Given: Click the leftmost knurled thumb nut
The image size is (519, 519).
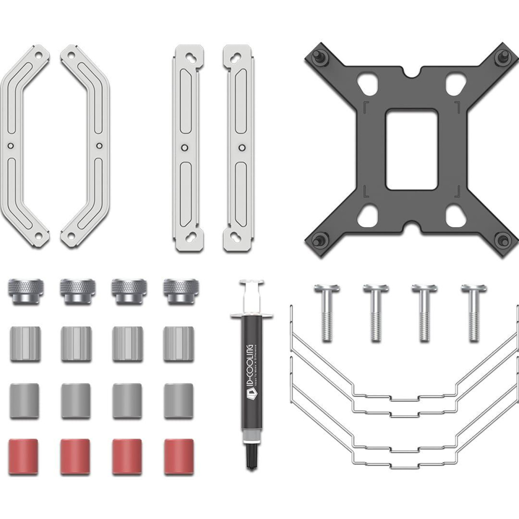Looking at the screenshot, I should tap(25, 291).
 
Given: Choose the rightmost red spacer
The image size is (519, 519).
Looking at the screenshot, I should tap(179, 457).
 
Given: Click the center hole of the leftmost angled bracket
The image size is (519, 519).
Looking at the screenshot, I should tap(10, 145).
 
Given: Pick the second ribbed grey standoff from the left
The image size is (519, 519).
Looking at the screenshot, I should tap(76, 344).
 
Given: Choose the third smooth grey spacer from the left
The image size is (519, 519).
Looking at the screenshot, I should tap(127, 401).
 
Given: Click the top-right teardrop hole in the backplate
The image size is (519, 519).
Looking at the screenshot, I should tap(454, 82).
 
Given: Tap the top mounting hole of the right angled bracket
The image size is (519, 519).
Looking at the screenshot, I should tap(71, 56).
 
